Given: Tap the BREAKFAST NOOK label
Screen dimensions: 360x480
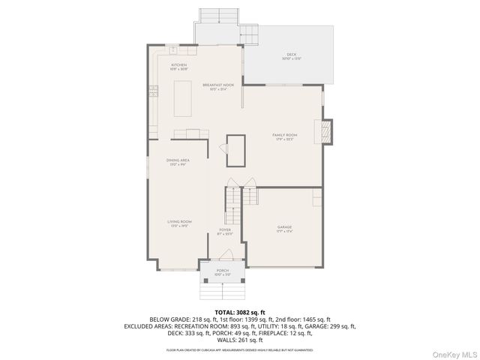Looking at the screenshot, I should (217, 86).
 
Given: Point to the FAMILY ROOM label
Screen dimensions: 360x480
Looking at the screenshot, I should (285, 136).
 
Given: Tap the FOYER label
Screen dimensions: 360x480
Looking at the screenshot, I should (225, 231).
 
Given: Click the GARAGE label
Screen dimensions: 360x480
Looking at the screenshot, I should (284, 228).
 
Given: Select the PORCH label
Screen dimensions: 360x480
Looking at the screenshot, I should (223, 271).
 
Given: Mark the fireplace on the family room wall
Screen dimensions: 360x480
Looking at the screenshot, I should (326, 132).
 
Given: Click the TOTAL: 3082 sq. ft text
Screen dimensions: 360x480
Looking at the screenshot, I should (240, 312).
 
